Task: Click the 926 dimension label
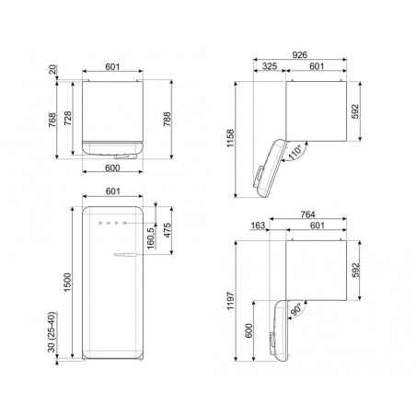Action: pos(299,54)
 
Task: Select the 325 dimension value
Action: pos(270,66)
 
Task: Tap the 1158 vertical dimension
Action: pos(230,138)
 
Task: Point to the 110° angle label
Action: pos(295,153)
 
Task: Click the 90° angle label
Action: pos(295,310)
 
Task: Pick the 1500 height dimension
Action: pos(67,283)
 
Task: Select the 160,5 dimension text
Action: pos(151,238)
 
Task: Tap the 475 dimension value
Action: pos(168,230)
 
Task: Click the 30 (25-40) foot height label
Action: pos(52,332)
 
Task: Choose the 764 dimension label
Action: pos(307,214)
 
